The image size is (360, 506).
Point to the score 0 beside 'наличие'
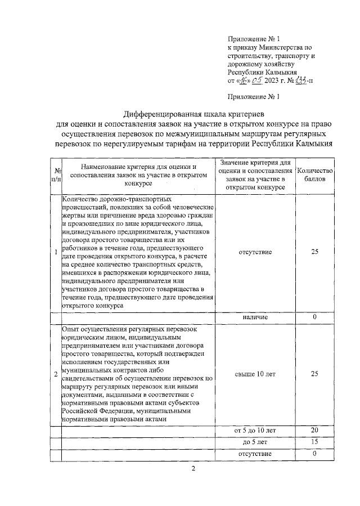point(315,317)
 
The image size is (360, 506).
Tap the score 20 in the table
point(315,431)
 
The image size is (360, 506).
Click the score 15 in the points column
point(315,442)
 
